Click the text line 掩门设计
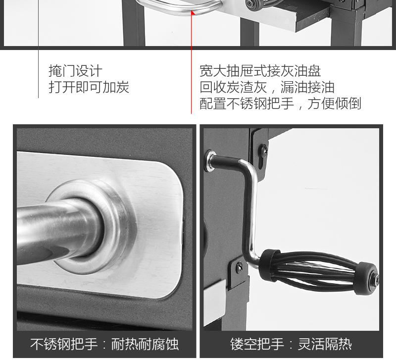[75, 71]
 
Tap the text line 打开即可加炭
[89, 87]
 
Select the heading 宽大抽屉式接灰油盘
[260, 71]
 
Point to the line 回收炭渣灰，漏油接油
[267, 87]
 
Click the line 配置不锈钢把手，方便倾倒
[280, 103]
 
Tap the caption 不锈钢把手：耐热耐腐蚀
[104, 344]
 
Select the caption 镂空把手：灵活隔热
[291, 344]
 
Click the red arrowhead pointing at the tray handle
[193, 13]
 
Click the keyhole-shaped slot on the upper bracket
[262, 162]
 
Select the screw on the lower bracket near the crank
[239, 267]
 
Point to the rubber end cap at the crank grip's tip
[366, 278]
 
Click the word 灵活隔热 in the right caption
[325, 344]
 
